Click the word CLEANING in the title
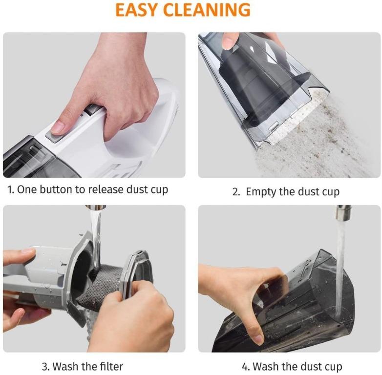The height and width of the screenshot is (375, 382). (x=210, y=9)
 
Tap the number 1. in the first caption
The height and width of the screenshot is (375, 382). (x=10, y=189)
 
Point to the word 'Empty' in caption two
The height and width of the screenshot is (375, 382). (x=261, y=191)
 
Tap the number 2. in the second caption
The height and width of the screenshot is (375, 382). (x=236, y=191)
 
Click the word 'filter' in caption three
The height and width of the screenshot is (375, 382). (x=109, y=366)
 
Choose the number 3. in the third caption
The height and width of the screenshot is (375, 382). (x=45, y=366)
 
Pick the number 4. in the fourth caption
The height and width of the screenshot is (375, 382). (x=246, y=366)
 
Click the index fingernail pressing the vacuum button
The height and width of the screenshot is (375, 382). (x=58, y=127)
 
